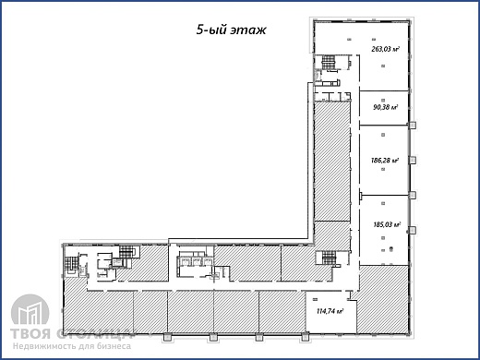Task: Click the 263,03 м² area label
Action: pyautogui.click(x=386, y=49)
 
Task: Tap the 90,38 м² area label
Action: pyautogui.click(x=386, y=107)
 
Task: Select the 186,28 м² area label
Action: pyautogui.click(x=385, y=161)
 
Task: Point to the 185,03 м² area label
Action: pyautogui.click(x=387, y=224)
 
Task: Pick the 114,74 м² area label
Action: pyautogui.click(x=330, y=311)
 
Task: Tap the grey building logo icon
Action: pyautogui.click(x=30, y=310)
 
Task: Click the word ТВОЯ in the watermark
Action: pyautogui.click(x=30, y=334)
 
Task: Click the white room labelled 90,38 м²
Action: pyautogui.click(x=384, y=108)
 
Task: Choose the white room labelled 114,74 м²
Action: pyautogui.click(x=331, y=312)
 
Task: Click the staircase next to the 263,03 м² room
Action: pyautogui.click(x=328, y=62)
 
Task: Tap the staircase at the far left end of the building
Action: pyautogui.click(x=70, y=263)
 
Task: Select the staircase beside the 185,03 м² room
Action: pyautogui.click(x=329, y=258)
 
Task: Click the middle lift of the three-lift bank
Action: pyautogui.click(x=197, y=261)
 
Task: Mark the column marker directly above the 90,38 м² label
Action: pyautogui.click(x=383, y=100)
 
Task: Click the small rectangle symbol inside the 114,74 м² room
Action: pyautogui.click(x=316, y=299)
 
